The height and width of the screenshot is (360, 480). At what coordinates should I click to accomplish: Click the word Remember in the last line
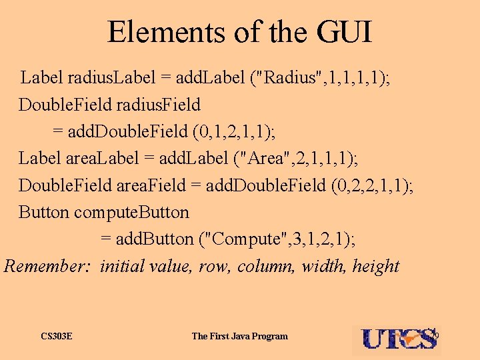pos(47,266)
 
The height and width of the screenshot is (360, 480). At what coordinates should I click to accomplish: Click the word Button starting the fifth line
pos(43,212)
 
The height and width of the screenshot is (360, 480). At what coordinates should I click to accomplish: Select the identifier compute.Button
pos(131,212)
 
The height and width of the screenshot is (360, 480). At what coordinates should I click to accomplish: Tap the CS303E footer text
pos(56,336)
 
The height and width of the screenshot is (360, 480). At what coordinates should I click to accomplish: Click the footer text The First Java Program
pos(239,336)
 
